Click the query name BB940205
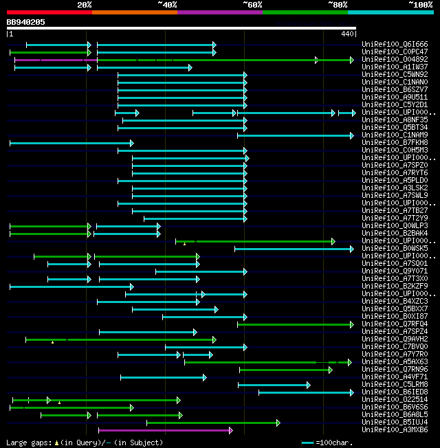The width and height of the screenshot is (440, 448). pos(26,22)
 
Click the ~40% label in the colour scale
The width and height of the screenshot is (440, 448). pos(167,5)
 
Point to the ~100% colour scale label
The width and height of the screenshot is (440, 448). pos(420,5)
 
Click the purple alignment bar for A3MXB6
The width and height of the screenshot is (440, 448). pos(165,430)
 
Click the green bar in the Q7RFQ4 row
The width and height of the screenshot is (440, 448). pos(296,324)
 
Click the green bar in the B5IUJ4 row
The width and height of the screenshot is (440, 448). pos(212,423)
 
